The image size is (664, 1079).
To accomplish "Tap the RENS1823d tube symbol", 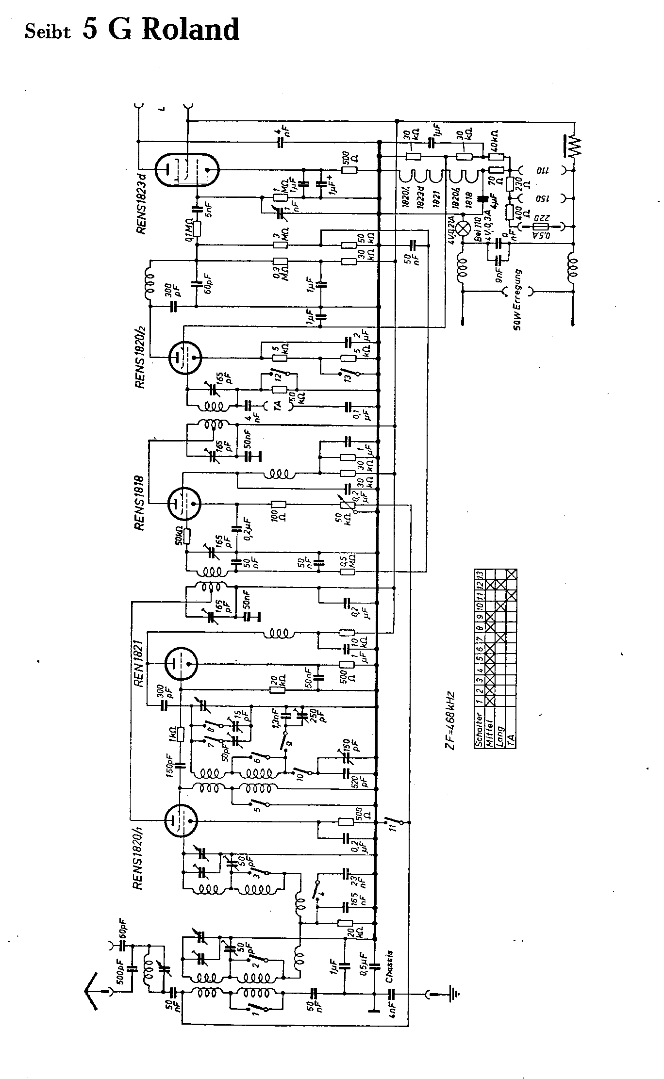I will coord(187,170).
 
